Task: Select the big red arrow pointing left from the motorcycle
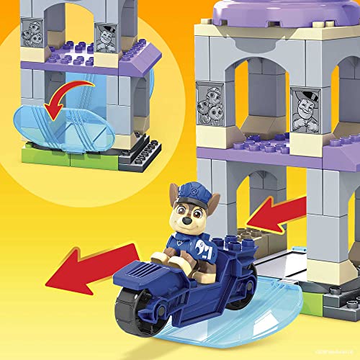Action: click(x=94, y=264)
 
